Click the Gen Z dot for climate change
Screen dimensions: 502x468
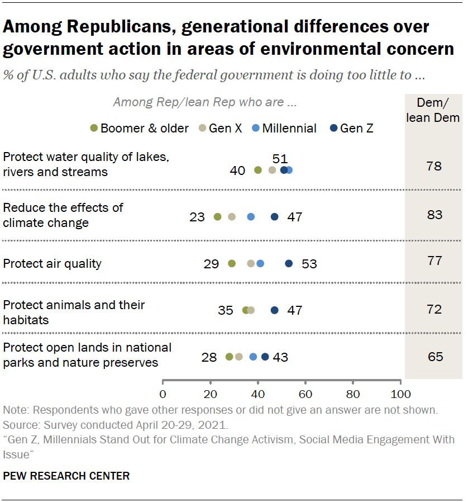tap(274, 217)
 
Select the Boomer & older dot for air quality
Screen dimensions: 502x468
tap(232, 263)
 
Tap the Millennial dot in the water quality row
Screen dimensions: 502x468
tap(289, 170)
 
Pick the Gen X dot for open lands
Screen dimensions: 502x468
tap(239, 357)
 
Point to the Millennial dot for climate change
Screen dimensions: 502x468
tap(251, 217)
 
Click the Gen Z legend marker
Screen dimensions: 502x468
tap(333, 128)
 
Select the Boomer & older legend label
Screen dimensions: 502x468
tap(145, 129)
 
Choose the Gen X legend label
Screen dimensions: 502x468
tap(225, 129)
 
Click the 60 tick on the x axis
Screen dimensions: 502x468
tap(305, 393)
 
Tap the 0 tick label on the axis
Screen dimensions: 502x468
tap(163, 393)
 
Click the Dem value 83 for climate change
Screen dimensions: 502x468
tap(433, 215)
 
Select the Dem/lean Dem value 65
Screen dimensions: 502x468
tap(433, 356)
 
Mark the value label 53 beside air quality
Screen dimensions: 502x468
tap(309, 264)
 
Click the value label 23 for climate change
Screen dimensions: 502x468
tap(197, 217)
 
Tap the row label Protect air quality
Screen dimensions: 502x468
tap(52, 263)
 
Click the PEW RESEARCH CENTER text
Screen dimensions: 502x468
tap(66, 476)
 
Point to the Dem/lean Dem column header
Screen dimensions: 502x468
tap(433, 110)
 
